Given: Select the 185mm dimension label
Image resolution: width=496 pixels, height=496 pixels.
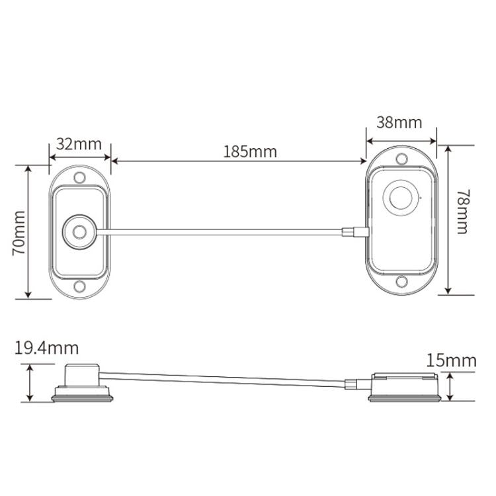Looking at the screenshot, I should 250,151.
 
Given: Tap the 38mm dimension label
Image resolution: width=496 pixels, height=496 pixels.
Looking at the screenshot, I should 399,123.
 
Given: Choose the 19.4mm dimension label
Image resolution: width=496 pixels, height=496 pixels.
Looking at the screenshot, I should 46,348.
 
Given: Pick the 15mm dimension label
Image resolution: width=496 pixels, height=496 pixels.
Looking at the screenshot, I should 452,360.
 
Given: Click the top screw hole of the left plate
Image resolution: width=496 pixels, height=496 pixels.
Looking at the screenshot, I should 80,177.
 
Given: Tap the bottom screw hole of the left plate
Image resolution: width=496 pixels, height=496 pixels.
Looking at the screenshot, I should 80,286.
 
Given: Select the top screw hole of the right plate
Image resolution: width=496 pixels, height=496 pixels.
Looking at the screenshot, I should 401,159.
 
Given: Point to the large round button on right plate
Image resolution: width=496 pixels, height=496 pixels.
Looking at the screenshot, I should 400,198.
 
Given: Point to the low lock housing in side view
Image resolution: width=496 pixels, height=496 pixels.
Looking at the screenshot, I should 403,386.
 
